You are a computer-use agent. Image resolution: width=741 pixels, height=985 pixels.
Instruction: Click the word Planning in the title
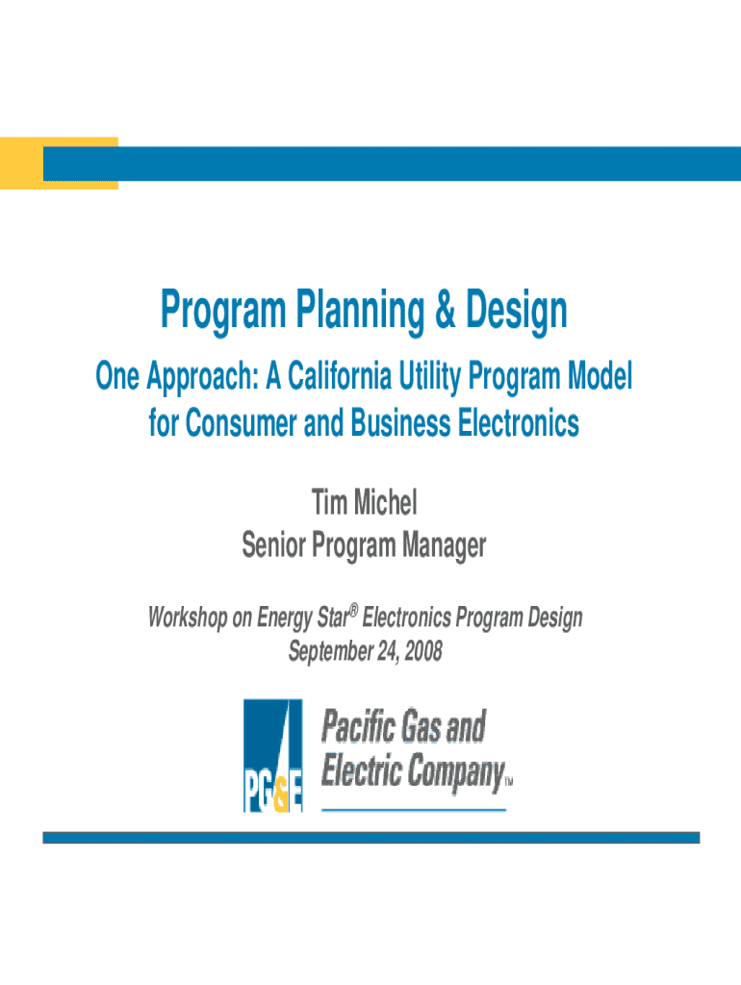pyautogui.click(x=360, y=311)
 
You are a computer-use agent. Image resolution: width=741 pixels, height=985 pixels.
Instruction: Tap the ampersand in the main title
pyautogui.click(x=445, y=309)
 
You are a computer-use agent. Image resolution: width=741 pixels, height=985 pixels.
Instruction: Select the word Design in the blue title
pyautogui.click(x=516, y=311)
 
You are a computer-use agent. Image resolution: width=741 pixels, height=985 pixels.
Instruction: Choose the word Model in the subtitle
pyautogui.click(x=600, y=376)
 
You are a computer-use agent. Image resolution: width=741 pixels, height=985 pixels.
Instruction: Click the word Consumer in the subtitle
pyautogui.click(x=242, y=422)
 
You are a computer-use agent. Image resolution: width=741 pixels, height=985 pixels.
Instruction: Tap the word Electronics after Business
pyautogui.click(x=518, y=422)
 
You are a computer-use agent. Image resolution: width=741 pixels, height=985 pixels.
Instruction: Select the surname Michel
pyautogui.click(x=385, y=502)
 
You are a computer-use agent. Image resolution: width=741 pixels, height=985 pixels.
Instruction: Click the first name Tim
pyautogui.click(x=329, y=502)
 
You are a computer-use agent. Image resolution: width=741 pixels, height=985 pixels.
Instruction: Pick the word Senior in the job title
pyautogui.click(x=274, y=544)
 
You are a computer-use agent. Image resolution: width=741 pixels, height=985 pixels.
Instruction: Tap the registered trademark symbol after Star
pyautogui.click(x=354, y=609)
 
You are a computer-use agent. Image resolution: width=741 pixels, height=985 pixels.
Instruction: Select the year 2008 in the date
pyautogui.click(x=423, y=650)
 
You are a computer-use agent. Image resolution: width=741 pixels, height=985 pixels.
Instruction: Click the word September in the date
pyautogui.click(x=331, y=651)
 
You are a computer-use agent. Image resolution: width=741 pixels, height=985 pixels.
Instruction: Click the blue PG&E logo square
pyautogui.click(x=272, y=755)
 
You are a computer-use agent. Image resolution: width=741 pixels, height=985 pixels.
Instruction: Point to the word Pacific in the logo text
pyautogui.click(x=358, y=726)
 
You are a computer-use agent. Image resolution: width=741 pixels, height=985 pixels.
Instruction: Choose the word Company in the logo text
pyautogui.click(x=456, y=772)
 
